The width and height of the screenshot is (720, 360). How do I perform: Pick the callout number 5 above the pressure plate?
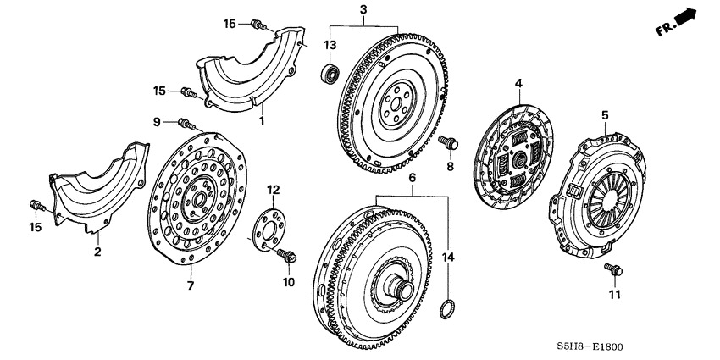(x=605, y=115)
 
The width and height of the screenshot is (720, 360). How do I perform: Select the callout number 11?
(x=614, y=295)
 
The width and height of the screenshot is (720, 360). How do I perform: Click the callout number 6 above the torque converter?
(x=411, y=180)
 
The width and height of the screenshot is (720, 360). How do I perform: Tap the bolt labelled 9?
(x=187, y=125)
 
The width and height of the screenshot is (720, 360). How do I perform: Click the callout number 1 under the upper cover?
(x=262, y=121)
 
